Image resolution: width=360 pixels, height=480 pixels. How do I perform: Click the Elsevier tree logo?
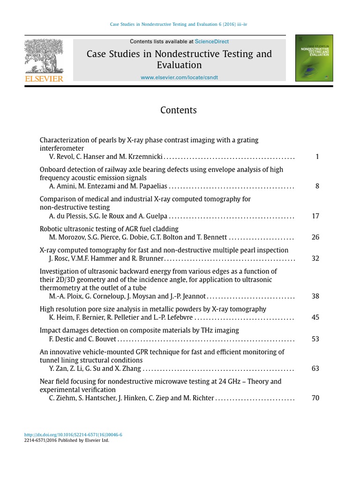[44, 56]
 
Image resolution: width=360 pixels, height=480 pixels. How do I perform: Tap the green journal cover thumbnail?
[314, 58]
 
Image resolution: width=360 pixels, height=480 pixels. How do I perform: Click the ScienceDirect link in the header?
[212, 42]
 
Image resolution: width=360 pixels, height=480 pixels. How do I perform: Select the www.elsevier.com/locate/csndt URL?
[179, 77]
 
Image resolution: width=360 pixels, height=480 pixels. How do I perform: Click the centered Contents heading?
[179, 111]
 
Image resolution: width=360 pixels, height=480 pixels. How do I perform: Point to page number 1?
[317, 157]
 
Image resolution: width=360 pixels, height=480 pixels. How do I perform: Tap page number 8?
[317, 186]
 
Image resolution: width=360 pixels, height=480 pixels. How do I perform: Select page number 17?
[315, 216]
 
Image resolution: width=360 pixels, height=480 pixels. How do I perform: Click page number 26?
[315, 237]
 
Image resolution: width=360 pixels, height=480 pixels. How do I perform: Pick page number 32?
[315, 258]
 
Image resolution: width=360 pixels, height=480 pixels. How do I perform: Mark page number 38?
[315, 296]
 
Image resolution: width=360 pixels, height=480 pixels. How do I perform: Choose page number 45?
[315, 317]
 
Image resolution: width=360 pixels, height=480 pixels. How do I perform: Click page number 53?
[315, 338]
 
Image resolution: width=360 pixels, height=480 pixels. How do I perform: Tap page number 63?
[315, 368]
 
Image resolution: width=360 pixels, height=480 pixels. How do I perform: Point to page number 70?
[315, 398]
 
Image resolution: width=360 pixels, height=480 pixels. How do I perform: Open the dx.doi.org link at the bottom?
[73, 435]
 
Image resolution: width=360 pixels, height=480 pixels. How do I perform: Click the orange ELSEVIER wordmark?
[44, 79]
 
